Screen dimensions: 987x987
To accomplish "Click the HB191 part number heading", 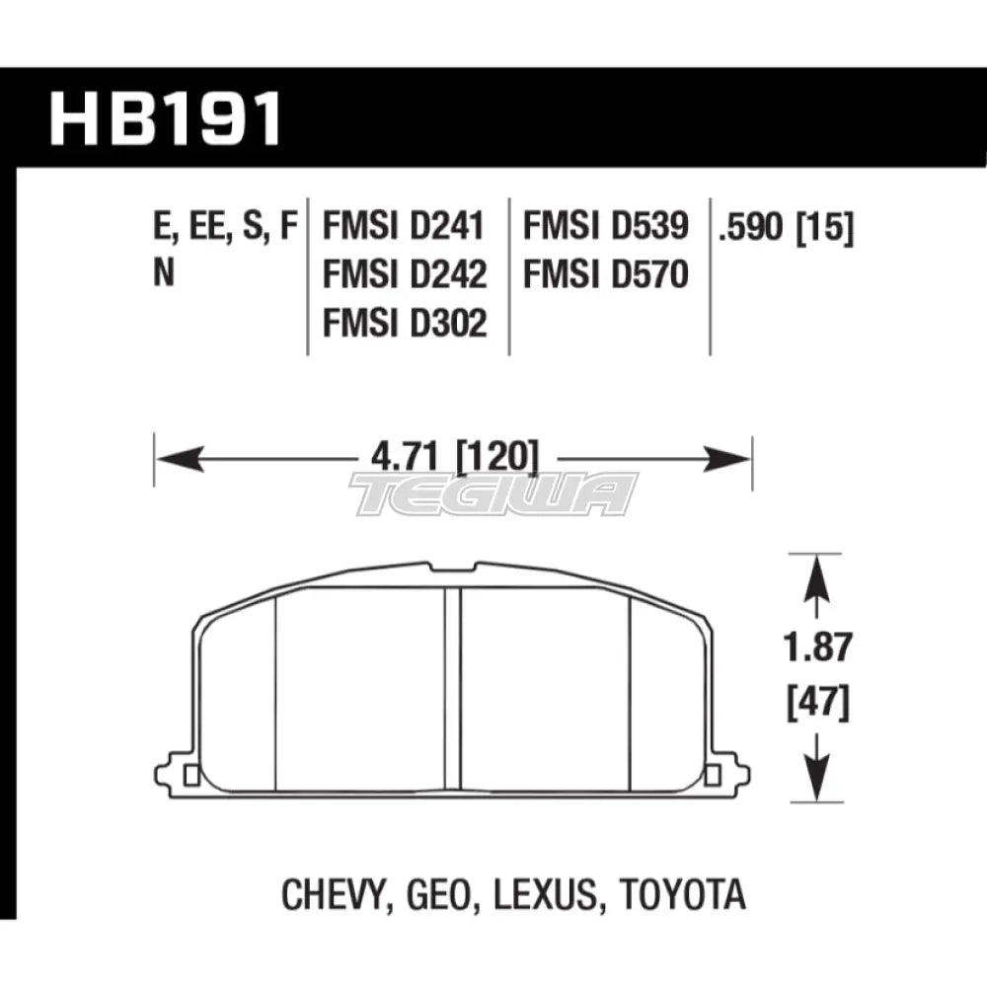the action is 166,119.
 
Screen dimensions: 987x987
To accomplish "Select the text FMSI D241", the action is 404,226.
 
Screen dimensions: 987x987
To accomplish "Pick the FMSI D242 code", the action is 405,274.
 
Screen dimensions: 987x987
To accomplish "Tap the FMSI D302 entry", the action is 405,323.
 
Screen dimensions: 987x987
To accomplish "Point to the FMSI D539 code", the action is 606,226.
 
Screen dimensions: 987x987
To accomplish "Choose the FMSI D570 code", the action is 606,274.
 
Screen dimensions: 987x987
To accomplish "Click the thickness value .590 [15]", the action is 786,227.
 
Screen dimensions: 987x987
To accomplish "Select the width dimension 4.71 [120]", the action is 455,456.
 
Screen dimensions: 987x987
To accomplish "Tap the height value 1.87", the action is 817,647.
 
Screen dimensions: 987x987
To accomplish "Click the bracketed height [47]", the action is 817,703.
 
